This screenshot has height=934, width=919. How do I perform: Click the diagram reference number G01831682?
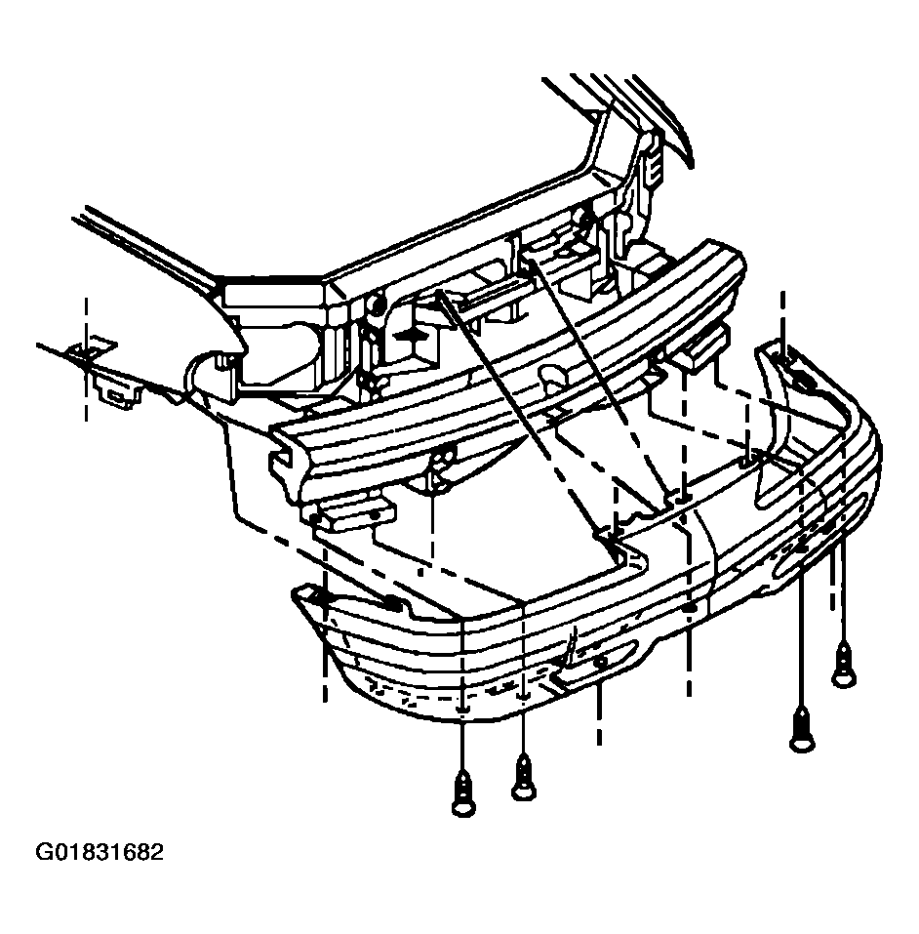point(100,852)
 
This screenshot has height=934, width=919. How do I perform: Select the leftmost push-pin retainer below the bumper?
point(463,793)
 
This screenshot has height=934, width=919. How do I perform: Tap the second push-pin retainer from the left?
point(523,777)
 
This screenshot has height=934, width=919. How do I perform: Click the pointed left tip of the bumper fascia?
point(295,593)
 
